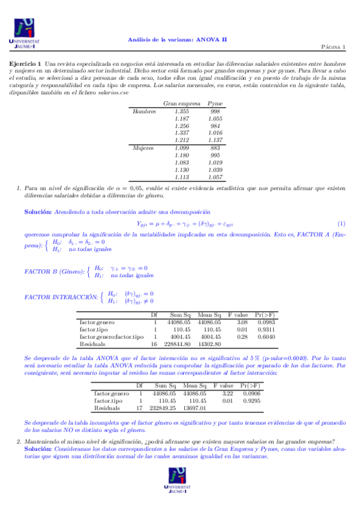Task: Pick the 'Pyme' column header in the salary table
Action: click(x=215, y=103)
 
